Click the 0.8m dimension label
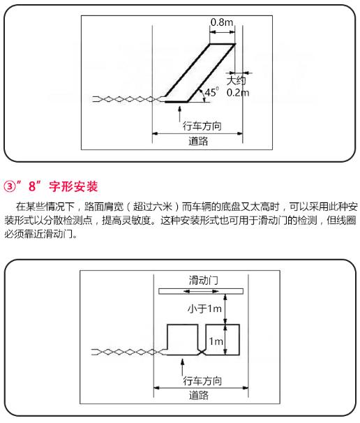click(222, 22)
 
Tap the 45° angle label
click(211, 92)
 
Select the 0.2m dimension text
click(238, 93)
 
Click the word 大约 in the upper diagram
click(237, 80)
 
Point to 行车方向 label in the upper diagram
click(202, 126)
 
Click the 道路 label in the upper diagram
click(198, 141)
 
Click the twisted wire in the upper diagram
click(127, 99)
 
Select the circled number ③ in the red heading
click(10, 186)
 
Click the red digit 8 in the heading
click(32, 186)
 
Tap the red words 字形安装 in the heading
click(73, 186)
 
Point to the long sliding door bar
click(201, 291)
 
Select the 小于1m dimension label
click(204, 308)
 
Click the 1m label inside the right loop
click(216, 341)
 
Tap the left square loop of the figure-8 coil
click(167, 339)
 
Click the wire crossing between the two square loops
click(202, 352)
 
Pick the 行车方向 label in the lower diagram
click(202, 380)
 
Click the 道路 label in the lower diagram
click(199, 395)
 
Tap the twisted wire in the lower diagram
click(127, 352)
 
